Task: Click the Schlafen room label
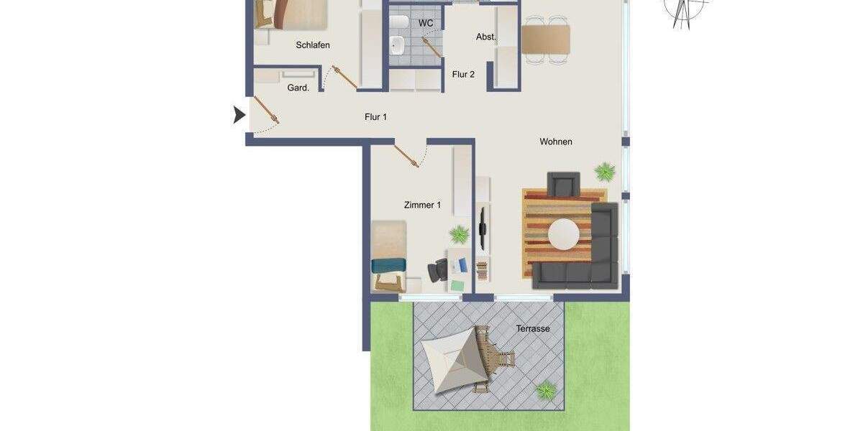coord(313,45)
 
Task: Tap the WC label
coord(426,23)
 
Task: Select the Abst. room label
coord(486,37)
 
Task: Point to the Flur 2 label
coord(463,74)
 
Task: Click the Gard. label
coord(298,88)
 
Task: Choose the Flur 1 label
coord(375,116)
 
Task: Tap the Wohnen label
coord(556,142)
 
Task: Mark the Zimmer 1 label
coord(422,205)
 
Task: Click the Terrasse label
coord(532,329)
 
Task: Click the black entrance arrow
coord(239,115)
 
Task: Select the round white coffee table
coord(564,234)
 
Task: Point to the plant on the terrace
coord(546,390)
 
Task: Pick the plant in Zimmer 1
coord(459,234)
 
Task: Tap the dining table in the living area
coord(546,40)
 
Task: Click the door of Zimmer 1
coord(406,156)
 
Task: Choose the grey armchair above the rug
coord(563,184)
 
